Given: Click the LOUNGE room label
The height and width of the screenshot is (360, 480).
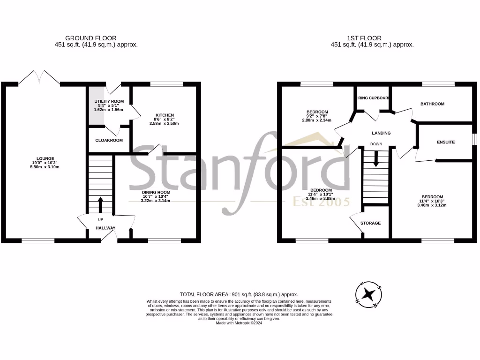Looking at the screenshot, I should (45, 158).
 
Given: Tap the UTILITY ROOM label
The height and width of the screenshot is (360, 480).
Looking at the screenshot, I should (109, 101).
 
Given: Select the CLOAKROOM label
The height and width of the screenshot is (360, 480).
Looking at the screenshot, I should (109, 140).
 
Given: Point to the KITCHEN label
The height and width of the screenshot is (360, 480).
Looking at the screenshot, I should (165, 115).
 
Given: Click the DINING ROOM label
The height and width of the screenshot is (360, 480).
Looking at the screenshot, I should (156, 192).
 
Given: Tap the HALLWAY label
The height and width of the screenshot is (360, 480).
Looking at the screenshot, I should (105, 228).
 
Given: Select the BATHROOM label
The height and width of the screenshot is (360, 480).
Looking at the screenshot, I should (432, 104).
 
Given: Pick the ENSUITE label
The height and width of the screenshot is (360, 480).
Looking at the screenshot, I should (445, 142).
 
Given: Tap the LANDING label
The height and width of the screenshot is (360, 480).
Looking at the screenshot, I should (381, 133).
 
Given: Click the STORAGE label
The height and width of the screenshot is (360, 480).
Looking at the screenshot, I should (370, 223).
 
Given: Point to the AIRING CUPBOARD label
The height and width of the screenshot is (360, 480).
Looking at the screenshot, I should (373, 98).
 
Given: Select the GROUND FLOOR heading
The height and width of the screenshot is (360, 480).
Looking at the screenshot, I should (91, 38).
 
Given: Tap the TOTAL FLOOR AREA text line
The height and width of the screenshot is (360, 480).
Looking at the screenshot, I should (240, 295).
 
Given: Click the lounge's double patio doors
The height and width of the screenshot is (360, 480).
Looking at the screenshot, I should (39, 77).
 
